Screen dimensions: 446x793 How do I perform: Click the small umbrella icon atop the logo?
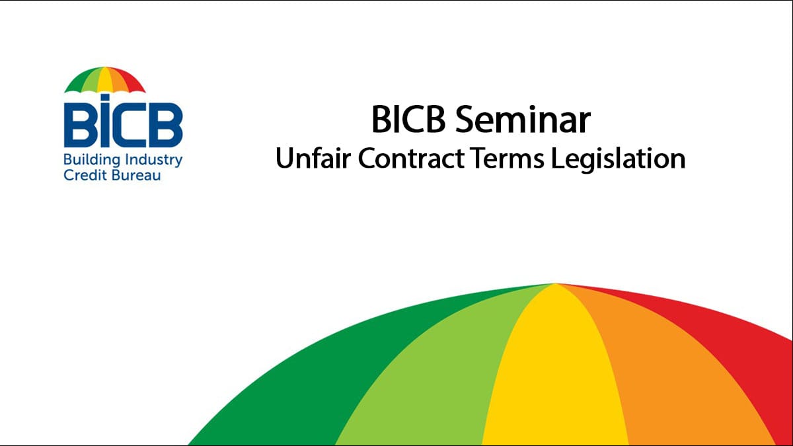(104, 80)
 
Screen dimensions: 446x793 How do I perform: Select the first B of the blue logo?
(79, 125)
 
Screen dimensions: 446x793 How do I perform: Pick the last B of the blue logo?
(166, 125)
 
